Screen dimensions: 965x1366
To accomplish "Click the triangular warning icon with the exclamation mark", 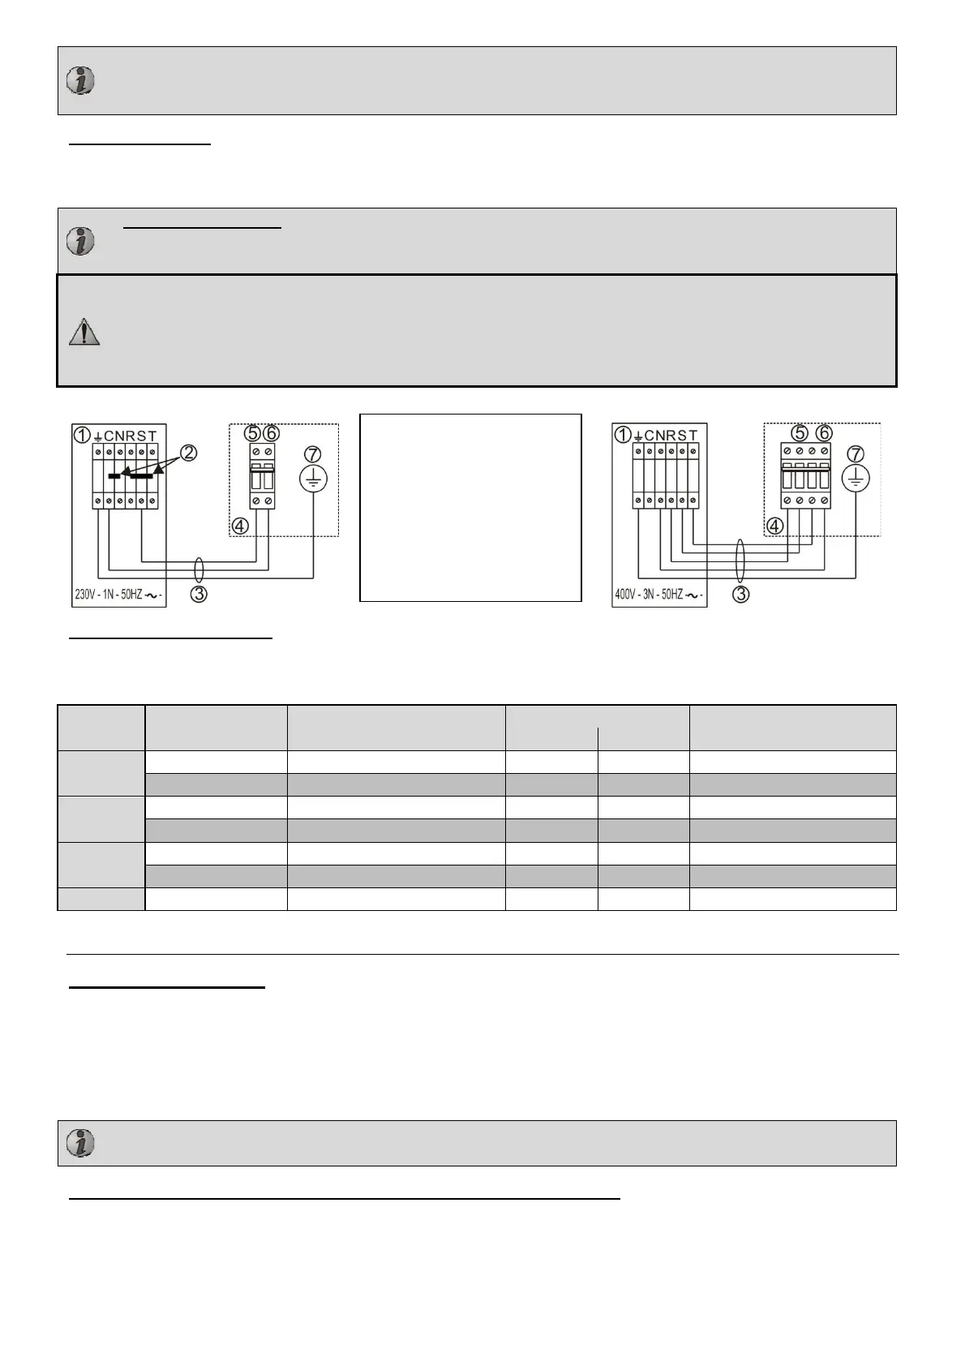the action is click(84, 332).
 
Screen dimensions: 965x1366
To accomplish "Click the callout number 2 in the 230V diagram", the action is click(188, 453).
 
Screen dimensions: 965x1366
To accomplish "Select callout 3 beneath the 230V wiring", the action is click(199, 594).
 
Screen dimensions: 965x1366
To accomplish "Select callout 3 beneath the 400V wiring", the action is click(741, 594).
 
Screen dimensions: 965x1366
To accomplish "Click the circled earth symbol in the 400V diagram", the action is click(855, 480).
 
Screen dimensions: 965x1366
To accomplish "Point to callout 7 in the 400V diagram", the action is click(855, 453).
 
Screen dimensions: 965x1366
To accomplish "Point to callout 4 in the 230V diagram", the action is click(239, 526).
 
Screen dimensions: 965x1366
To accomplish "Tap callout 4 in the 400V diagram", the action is click(776, 526).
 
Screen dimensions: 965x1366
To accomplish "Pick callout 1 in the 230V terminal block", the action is click(82, 435).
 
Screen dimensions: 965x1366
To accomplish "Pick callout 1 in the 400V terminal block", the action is click(622, 435).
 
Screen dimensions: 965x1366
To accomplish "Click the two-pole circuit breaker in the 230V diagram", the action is click(263, 476).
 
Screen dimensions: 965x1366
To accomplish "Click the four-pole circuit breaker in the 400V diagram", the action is click(805, 476).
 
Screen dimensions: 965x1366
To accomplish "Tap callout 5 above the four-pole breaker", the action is click(800, 433).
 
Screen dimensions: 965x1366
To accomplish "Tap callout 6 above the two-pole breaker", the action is click(272, 434).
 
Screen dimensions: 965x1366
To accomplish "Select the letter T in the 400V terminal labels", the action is click(693, 436).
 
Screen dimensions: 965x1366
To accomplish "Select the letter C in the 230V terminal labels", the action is click(109, 436).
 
